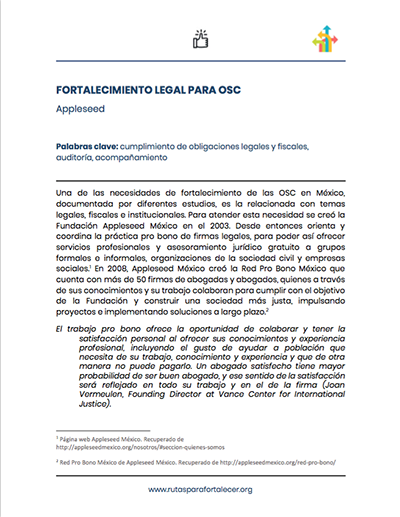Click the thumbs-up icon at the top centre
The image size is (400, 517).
coord(200,39)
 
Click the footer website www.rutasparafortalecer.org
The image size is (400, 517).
coord(200,490)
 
